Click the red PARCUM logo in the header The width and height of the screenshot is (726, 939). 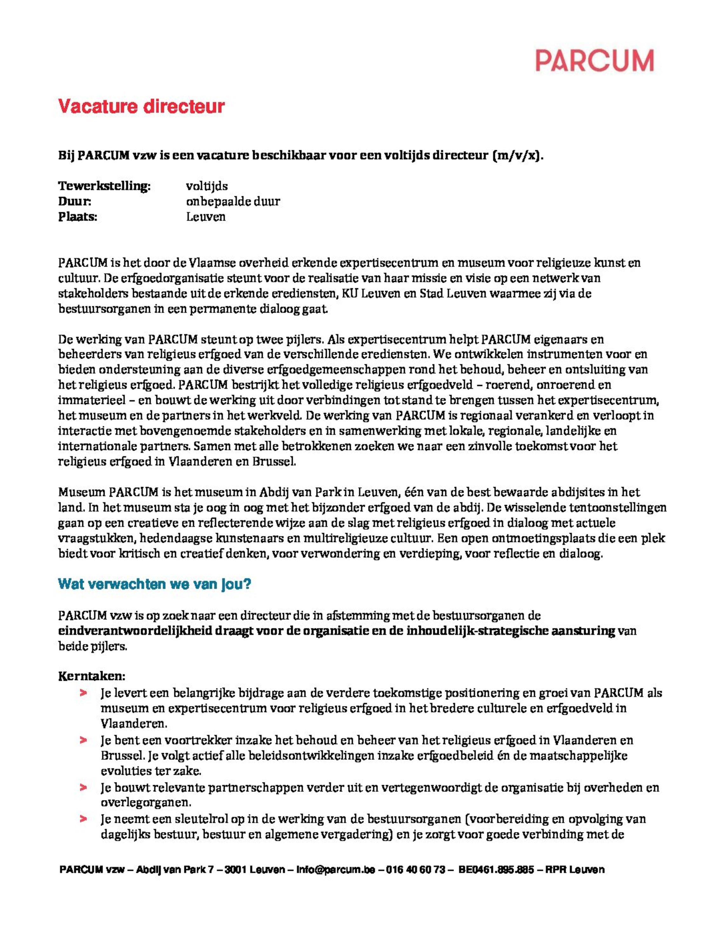(x=595, y=61)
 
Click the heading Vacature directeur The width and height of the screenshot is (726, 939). (x=142, y=106)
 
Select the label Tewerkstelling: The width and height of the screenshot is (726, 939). (x=104, y=186)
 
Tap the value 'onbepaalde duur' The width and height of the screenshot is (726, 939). (x=233, y=201)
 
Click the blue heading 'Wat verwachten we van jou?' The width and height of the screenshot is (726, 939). (x=154, y=584)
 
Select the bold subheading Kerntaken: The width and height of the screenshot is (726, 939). (x=91, y=676)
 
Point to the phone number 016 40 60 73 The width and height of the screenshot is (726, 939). (x=415, y=870)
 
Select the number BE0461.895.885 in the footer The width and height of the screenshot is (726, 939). (x=496, y=870)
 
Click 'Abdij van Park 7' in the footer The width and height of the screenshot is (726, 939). (x=175, y=870)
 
